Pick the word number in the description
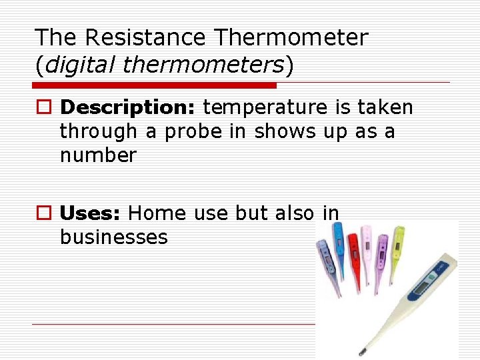[x=98, y=155]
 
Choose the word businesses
[x=113, y=237]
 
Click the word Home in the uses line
[x=157, y=213]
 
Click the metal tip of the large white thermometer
[x=363, y=349]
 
